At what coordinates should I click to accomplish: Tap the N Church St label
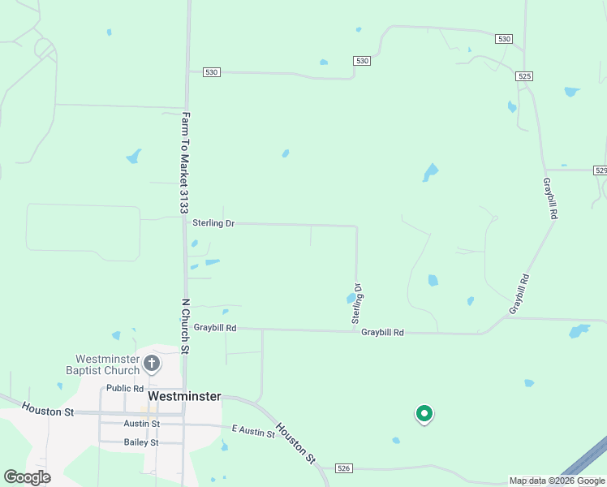click(x=185, y=326)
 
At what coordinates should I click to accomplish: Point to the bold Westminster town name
click(x=185, y=395)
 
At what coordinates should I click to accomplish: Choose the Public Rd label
click(x=124, y=388)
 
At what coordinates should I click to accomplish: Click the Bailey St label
click(x=141, y=442)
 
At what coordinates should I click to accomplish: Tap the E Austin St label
click(x=252, y=432)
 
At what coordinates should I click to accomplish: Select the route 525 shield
click(x=524, y=75)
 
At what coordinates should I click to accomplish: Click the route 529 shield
click(x=601, y=170)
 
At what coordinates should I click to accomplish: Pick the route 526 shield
click(x=343, y=468)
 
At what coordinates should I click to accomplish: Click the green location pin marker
click(x=424, y=414)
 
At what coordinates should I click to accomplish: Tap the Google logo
click(x=27, y=477)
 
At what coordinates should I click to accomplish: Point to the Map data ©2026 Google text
click(x=557, y=481)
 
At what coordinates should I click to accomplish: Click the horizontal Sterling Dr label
click(x=213, y=222)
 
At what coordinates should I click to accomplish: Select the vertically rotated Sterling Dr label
click(x=356, y=304)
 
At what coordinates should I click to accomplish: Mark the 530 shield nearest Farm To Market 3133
click(x=212, y=72)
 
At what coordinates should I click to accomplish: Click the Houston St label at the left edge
click(x=48, y=411)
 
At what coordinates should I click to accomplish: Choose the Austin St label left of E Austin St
click(x=141, y=424)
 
